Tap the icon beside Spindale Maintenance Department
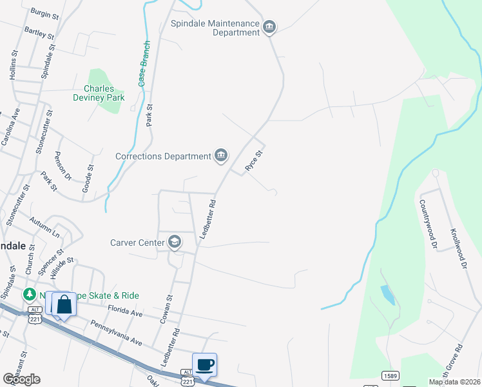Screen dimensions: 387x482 click(x=270, y=26)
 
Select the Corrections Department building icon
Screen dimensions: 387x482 click(x=221, y=155)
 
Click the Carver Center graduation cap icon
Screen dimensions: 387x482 click(x=173, y=243)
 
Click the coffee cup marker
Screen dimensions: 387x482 click(x=205, y=364)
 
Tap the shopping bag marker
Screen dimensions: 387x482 click(x=64, y=304)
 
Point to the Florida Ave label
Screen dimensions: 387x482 click(x=124, y=312)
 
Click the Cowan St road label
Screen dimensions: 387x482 click(x=170, y=307)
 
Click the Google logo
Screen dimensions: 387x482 click(x=21, y=379)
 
